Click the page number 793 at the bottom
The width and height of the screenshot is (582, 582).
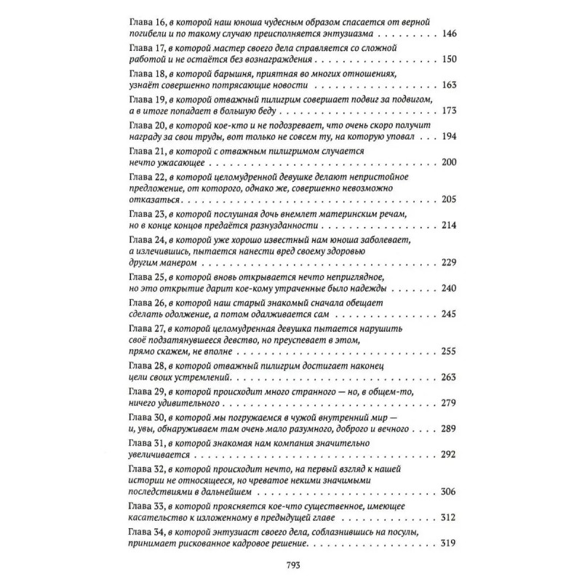click(291, 568)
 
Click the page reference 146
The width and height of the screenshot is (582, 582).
click(449, 34)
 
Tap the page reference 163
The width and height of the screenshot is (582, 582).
click(449, 85)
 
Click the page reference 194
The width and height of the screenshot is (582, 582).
click(449, 136)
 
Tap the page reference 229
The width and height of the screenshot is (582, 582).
click(449, 263)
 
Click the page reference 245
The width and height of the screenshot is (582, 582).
click(449, 314)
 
